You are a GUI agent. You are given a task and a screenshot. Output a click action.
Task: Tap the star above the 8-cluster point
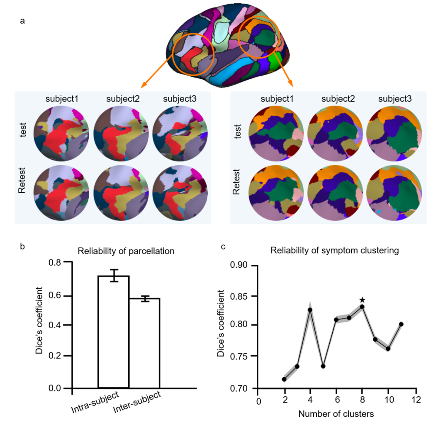362,300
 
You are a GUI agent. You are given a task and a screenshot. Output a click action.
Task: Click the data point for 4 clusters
310,310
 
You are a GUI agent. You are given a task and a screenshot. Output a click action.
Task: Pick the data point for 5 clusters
323,366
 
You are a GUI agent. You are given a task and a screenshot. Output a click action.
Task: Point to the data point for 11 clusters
401,324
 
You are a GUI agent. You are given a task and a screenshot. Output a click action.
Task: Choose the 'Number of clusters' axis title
336,414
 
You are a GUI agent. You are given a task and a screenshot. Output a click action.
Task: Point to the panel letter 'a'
22,20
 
